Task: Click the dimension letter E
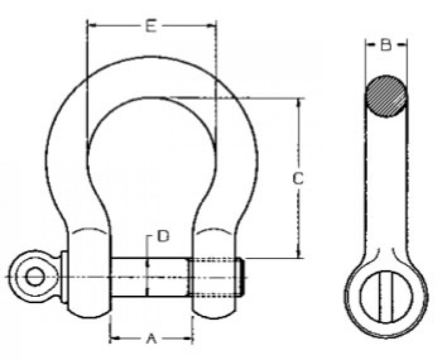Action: [x=151, y=26]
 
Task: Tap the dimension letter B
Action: [x=386, y=45]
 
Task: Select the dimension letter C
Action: [x=298, y=178]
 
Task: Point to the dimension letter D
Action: [x=163, y=236]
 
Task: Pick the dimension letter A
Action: [x=152, y=338]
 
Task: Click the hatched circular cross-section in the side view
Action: [x=386, y=96]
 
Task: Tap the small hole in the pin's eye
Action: [x=34, y=277]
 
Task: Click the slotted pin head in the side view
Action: [x=386, y=297]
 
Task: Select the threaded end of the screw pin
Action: [x=216, y=277]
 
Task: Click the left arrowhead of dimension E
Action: [x=92, y=26]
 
